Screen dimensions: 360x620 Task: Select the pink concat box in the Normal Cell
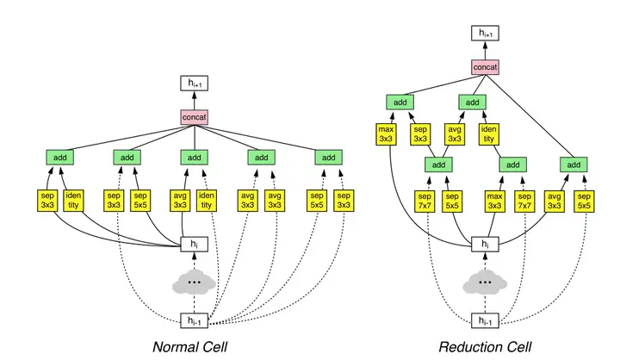195,117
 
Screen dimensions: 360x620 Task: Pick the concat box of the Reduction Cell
486,66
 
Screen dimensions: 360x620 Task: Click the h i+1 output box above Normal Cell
195,84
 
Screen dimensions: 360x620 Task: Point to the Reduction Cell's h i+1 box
486,34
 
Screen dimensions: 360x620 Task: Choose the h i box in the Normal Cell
195,245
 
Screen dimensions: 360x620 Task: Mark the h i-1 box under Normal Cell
195,321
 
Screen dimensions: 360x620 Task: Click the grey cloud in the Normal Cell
195,282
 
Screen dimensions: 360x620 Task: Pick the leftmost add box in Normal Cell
60,158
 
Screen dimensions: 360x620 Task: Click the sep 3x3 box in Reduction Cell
420,133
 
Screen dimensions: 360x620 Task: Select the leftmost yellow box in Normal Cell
48,200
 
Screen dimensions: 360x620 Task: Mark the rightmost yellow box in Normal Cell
343,200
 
